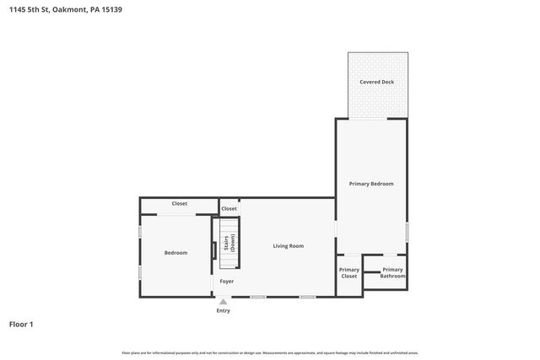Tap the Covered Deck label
point(376,82)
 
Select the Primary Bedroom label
point(371,183)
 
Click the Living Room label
point(288,245)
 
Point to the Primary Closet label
point(348,272)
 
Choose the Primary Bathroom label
point(392,272)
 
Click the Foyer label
point(227,281)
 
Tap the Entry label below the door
point(223,310)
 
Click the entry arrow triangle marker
point(223,301)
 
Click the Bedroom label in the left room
point(175,252)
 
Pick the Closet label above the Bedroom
point(179,203)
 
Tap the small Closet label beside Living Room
point(229,208)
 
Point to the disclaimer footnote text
point(269,352)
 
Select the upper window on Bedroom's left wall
point(140,231)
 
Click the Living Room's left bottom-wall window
point(258,297)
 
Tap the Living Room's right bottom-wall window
point(307,297)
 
